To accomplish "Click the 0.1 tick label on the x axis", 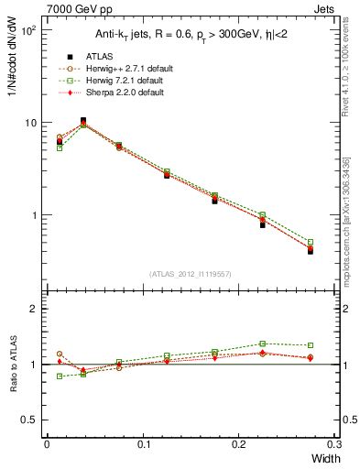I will (143, 444).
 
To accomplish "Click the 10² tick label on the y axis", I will (28, 30).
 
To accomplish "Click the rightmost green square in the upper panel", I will (311, 243).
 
